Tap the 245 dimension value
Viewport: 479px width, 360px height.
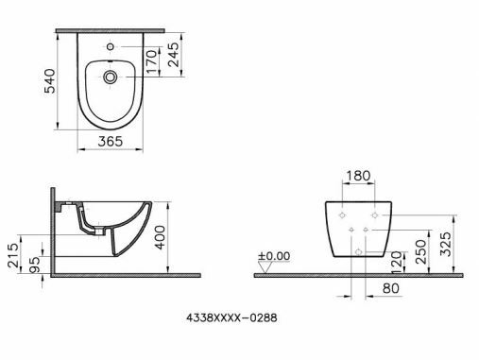[173, 59]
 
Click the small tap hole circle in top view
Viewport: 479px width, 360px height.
[111, 46]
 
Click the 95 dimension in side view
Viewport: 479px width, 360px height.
[36, 262]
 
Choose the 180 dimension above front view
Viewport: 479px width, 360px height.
[359, 176]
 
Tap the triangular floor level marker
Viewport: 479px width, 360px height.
[266, 268]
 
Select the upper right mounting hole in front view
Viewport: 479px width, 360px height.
[375, 216]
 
